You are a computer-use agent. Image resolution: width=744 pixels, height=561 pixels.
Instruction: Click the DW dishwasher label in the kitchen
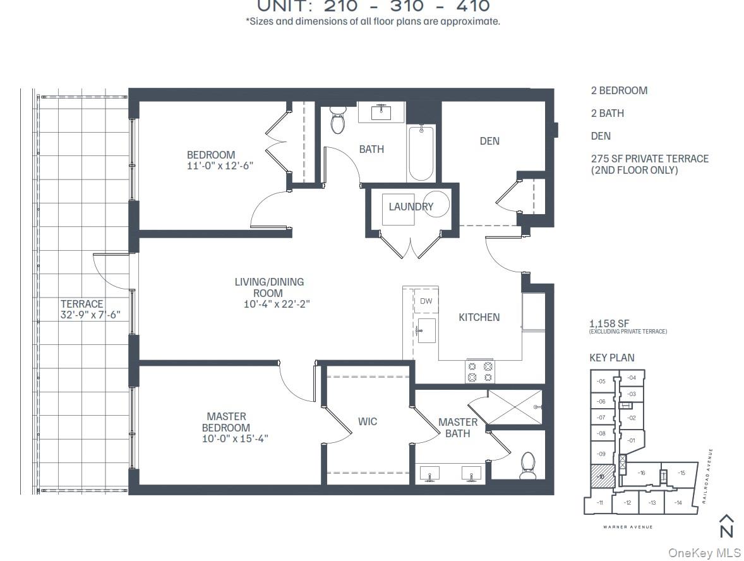click(426, 301)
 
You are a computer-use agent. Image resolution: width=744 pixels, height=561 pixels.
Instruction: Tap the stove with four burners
click(480, 371)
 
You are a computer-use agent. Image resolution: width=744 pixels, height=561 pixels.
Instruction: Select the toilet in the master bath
click(527, 466)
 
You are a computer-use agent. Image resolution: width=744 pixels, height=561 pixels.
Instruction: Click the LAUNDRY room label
click(411, 207)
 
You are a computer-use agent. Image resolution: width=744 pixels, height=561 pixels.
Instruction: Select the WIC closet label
click(367, 421)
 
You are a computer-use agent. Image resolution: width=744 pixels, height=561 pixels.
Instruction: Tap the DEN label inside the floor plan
click(489, 141)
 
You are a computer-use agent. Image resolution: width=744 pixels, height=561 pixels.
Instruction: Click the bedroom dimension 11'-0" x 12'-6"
click(210, 166)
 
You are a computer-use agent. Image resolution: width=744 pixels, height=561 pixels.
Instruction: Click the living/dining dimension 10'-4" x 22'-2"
click(277, 304)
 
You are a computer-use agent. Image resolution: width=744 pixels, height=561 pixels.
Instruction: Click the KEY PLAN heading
click(611, 358)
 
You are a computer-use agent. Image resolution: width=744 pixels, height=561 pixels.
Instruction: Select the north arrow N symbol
click(726, 526)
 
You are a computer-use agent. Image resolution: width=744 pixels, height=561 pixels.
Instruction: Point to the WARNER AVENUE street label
click(627, 527)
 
